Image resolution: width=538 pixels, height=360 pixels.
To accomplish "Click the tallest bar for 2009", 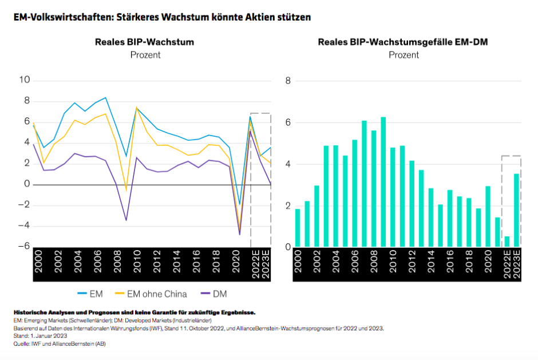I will coord(383,183).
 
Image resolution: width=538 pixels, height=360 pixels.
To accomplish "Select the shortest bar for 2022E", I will coord(507,242).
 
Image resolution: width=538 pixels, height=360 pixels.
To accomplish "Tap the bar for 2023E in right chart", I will coord(516,211).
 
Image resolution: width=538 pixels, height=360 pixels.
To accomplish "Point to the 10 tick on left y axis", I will coord(25,80).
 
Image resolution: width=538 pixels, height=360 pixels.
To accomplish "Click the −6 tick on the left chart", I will coord(25,246).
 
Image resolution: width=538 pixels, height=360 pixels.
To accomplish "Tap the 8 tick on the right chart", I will coord(288,81).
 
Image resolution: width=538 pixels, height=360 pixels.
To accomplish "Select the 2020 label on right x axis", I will coord(488,264).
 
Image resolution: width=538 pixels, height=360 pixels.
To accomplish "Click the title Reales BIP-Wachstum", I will coord(144,42).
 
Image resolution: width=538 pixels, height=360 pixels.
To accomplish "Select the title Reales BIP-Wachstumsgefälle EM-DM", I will coord(403,42).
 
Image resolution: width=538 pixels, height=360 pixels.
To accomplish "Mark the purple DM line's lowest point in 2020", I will coord(240,234).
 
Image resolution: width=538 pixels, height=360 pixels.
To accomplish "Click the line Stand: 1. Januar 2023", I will coord(38,336).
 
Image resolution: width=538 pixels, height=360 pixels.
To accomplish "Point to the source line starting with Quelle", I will coord(60,343).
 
